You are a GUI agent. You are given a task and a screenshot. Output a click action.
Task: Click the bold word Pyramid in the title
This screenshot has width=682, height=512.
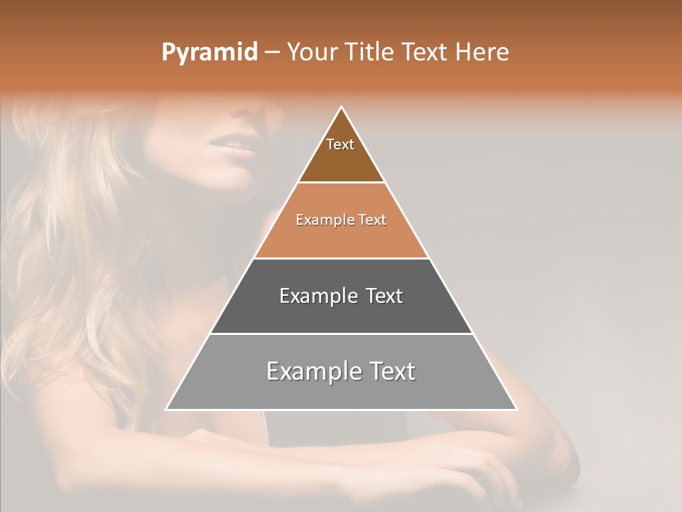coord(210,52)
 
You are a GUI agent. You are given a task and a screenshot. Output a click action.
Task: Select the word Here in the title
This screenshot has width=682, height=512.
coord(482,52)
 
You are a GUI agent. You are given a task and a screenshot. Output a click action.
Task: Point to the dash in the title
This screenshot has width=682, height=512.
coord(271,53)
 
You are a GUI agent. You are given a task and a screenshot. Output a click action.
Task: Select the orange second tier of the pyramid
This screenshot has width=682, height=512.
coord(341,235)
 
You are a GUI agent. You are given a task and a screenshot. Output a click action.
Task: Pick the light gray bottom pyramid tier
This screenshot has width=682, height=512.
coord(341,388)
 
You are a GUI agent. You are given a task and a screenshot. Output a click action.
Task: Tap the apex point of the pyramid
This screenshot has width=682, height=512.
coord(342,107)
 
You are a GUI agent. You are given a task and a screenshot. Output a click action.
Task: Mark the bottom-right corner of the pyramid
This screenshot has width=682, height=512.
coord(516,409)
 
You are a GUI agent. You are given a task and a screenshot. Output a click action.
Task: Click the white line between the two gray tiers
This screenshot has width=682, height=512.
coord(341,334)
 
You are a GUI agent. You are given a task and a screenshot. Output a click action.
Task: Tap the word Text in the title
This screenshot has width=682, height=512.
coord(426,52)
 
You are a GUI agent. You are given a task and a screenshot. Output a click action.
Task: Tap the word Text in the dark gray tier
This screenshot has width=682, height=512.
coord(384,297)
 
